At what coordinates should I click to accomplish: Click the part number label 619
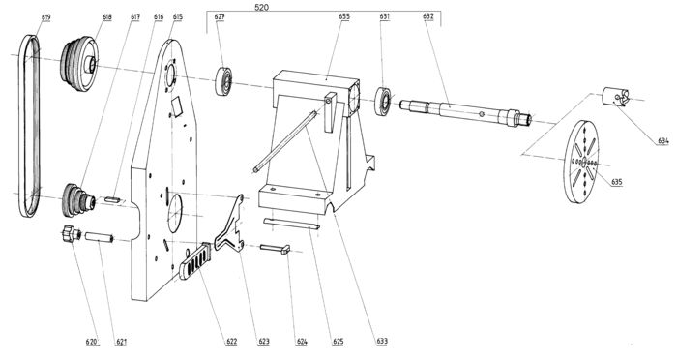46,17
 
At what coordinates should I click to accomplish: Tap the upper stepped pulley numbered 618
79,64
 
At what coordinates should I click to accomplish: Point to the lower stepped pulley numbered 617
77,200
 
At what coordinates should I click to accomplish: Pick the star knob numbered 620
72,234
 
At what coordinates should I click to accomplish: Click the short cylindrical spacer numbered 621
99,238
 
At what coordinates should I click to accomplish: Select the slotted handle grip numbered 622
195,261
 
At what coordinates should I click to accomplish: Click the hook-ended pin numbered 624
275,249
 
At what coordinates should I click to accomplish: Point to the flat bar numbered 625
291,224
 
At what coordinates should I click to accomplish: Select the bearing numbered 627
223,81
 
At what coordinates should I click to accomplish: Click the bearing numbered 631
383,102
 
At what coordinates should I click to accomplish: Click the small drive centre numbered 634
616,97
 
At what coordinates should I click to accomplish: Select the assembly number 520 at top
262,8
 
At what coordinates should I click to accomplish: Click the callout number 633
382,341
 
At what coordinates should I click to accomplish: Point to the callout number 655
344,16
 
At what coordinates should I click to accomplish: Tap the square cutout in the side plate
177,106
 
